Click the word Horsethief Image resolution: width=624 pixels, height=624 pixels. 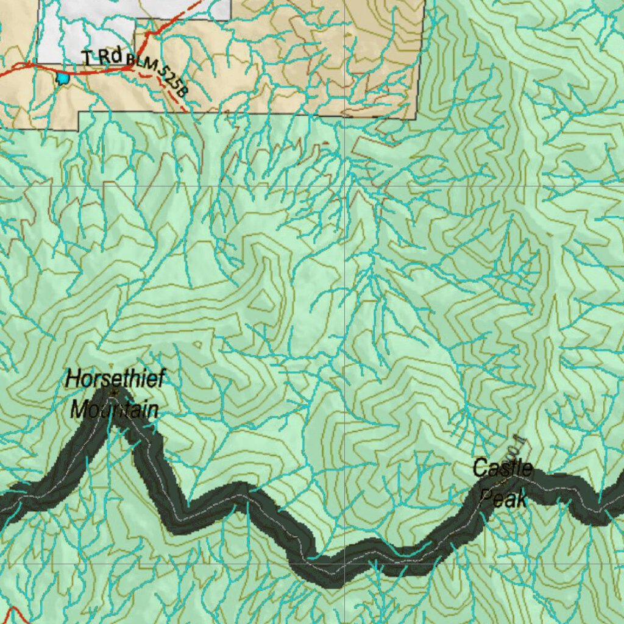(115, 378)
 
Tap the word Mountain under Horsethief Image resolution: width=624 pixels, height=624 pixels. (115, 409)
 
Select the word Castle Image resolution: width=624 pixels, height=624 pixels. (503, 469)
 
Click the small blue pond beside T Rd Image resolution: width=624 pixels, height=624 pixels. (62, 78)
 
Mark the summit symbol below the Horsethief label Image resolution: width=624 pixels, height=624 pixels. (112, 393)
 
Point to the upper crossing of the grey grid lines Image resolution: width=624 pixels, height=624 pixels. (345, 186)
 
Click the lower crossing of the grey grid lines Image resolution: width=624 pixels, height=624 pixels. (345, 564)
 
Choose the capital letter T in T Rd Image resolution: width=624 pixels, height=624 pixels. (86, 58)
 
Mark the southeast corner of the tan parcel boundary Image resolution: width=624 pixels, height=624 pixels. (416, 119)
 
